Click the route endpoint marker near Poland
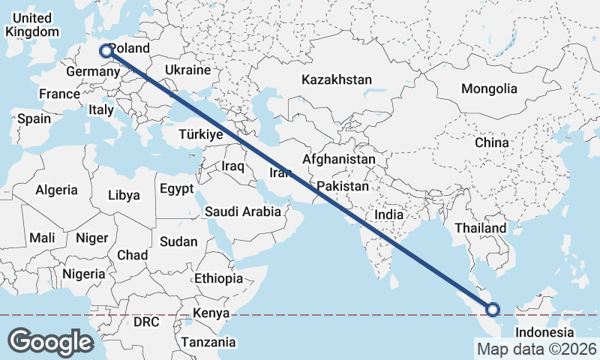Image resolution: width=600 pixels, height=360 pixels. pyautogui.click(x=106, y=51)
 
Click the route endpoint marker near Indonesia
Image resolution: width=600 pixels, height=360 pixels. pyautogui.click(x=493, y=309)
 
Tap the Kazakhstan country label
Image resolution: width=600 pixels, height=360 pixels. pyautogui.click(x=337, y=79)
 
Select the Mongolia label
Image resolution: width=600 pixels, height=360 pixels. pyautogui.click(x=489, y=88)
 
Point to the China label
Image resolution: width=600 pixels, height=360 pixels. pyautogui.click(x=491, y=142)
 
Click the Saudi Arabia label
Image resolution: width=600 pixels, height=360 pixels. pyautogui.click(x=243, y=212)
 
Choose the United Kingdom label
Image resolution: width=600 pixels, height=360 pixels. pyautogui.click(x=31, y=25)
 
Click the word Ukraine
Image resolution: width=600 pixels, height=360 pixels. pyautogui.click(x=188, y=70)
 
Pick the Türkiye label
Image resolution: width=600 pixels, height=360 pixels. pyautogui.click(x=200, y=135)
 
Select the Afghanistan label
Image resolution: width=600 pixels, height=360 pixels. pyautogui.click(x=339, y=160)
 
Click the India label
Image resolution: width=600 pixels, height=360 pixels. pyautogui.click(x=388, y=214)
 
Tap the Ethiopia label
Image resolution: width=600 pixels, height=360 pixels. pyautogui.click(x=218, y=278)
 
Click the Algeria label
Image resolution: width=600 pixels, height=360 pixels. pyautogui.click(x=56, y=190)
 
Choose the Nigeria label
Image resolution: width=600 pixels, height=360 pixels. pyautogui.click(x=84, y=274)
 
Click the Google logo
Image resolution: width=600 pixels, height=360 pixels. pyautogui.click(x=50, y=342)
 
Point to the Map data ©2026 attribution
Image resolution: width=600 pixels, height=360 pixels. pyautogui.click(x=537, y=349)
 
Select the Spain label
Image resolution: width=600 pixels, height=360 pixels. pyautogui.click(x=34, y=118)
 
